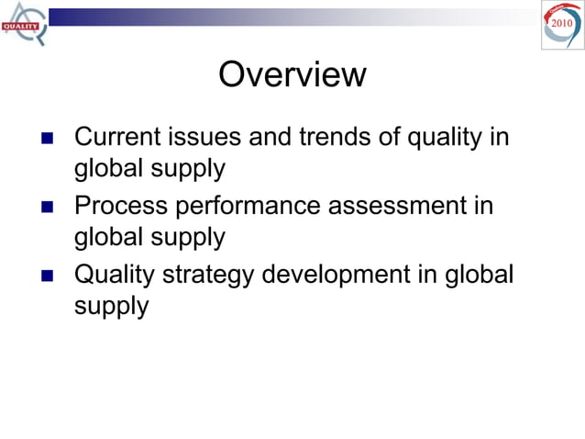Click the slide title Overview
[292, 74]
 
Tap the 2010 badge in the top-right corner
[561, 24]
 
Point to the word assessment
[397, 206]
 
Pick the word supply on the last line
[111, 306]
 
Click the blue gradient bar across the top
[275, 17]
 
